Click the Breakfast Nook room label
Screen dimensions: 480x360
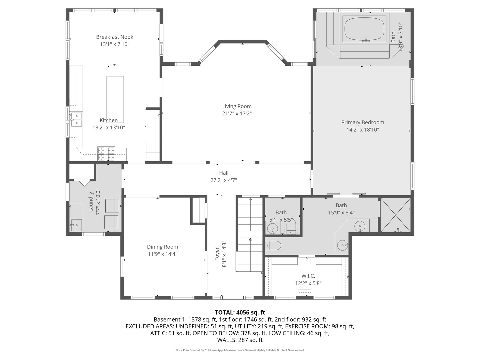click(115, 37)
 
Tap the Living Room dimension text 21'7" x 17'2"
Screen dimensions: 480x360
click(237, 113)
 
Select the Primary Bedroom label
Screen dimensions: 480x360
click(363, 122)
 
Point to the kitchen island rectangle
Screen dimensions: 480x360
click(115, 99)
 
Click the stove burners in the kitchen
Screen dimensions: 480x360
click(106, 154)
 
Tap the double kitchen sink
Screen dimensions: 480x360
click(76, 119)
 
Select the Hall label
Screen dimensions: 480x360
click(224, 173)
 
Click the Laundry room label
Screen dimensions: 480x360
click(91, 202)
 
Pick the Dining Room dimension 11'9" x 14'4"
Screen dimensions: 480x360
click(162, 254)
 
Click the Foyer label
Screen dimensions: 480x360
click(217, 254)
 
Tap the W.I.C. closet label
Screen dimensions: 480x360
click(308, 276)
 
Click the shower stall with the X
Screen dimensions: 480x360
click(396, 215)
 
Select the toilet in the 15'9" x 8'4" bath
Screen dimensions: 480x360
click(273, 245)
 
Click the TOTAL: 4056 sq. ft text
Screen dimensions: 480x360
click(240, 312)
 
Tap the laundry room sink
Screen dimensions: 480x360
click(76, 225)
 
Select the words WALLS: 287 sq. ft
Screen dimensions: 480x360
click(240, 340)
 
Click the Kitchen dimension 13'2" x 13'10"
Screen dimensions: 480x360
click(109, 127)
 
